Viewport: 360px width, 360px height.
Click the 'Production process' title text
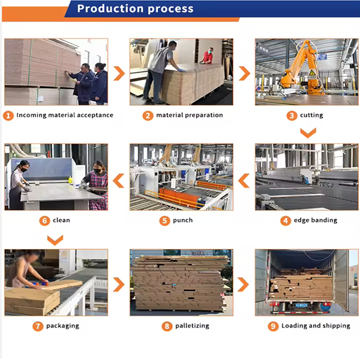coord(135,8)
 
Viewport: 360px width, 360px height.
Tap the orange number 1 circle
coord(8,115)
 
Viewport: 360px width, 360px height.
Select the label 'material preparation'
coord(190,115)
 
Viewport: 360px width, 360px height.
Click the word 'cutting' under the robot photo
coord(311,115)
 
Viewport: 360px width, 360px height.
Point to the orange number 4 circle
coord(286,221)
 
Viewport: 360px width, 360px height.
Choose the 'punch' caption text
coord(183,220)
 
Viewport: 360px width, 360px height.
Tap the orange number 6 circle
coord(44,221)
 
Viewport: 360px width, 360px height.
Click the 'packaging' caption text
coord(62,326)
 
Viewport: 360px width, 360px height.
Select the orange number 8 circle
coord(167,326)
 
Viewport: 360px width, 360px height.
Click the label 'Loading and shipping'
coord(316,326)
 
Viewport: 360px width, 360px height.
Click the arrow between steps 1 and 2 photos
coord(119,73)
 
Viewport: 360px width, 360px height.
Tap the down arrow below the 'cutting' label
coord(308,133)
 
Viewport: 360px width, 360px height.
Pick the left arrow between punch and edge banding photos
coord(244,181)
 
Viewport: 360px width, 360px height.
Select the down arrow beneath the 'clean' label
coord(55,240)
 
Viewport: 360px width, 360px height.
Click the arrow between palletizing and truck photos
coord(243,284)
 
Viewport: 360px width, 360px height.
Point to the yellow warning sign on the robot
coord(312,73)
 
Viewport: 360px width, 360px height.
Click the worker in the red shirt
coord(208,56)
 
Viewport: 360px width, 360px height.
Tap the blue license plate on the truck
coord(301,305)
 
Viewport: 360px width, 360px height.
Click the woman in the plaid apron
coord(96,185)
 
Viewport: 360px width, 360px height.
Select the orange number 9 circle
coord(273,326)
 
